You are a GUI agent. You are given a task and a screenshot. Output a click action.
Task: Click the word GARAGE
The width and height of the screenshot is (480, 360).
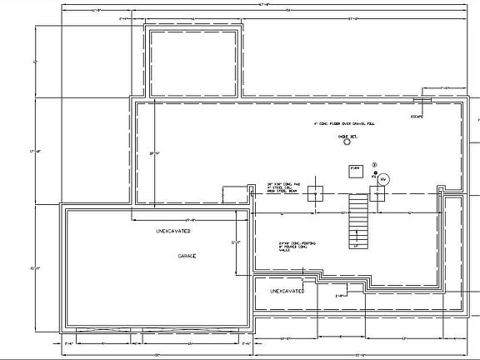(x=186, y=256)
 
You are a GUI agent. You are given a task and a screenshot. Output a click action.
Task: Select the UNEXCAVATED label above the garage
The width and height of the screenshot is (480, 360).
(x=174, y=230)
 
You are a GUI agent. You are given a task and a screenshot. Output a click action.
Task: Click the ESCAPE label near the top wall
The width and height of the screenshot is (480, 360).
(x=417, y=116)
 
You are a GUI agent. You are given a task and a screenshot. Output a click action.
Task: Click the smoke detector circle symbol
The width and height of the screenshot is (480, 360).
(x=346, y=142)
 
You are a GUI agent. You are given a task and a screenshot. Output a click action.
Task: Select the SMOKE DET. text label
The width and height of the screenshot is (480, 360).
(x=346, y=135)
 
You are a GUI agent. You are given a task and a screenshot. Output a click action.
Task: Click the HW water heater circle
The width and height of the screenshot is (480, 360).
(x=383, y=179)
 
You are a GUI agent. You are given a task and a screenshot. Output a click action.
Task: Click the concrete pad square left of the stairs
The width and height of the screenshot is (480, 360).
(x=315, y=194)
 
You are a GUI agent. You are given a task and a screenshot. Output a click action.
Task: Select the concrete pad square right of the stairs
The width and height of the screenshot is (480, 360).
(x=377, y=194)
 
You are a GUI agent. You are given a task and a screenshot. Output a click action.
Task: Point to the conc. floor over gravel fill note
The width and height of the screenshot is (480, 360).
(x=343, y=123)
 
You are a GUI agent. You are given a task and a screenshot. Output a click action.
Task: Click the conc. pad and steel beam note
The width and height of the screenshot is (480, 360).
(x=282, y=188)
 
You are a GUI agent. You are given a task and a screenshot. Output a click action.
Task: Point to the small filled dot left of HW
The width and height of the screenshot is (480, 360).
(x=375, y=176)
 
